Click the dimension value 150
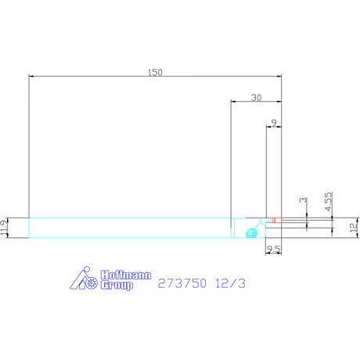coord(155,72)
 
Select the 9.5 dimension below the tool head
coord(274,250)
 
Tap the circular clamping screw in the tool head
coord(250,232)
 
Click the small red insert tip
coord(275,218)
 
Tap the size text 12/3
coord(232,283)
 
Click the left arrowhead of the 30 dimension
coord(233,102)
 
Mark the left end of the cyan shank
coord(29,227)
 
